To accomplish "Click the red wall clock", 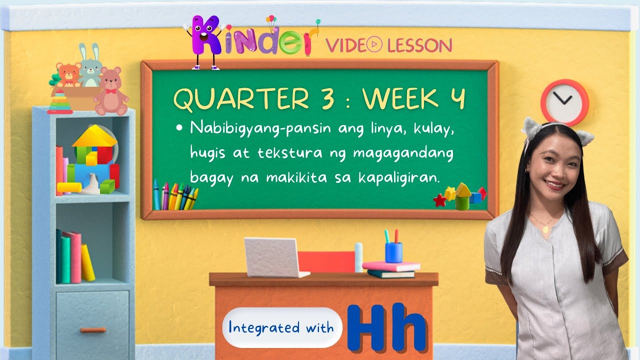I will [564, 102].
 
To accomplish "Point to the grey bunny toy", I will [90, 67].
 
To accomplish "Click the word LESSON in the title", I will [420, 45].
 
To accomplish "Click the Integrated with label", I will [281, 328].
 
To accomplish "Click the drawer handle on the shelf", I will [92, 330].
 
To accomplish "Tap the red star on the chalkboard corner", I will [439, 200].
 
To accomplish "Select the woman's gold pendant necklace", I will [545, 229].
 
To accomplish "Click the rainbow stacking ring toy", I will [60, 103].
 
